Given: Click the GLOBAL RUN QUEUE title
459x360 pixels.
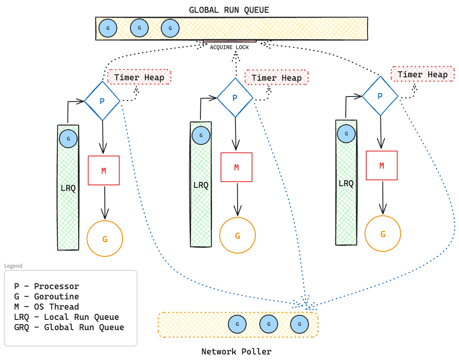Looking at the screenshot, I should [x=229, y=10].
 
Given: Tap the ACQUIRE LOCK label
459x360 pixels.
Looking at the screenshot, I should [x=229, y=47].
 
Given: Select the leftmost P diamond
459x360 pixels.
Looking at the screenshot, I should [x=102, y=101].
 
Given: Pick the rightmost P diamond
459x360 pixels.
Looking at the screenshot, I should [x=380, y=96].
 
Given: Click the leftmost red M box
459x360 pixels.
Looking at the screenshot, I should [x=103, y=170].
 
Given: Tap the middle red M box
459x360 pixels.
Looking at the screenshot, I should [x=236, y=167].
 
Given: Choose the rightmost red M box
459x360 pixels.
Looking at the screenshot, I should [x=382, y=165].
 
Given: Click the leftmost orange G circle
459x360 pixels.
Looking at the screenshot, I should [x=105, y=239].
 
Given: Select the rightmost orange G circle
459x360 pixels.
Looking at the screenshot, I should [x=382, y=234].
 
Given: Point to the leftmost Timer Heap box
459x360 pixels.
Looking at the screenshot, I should [x=139, y=77].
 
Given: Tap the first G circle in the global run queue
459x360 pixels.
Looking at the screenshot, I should [x=108, y=29].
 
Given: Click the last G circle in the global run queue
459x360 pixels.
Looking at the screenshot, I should [x=170, y=29].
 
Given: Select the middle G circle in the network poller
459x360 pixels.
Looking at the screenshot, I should [x=269, y=325].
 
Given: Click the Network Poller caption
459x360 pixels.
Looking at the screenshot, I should [x=236, y=351].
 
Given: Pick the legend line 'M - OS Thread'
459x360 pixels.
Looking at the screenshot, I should [x=47, y=307].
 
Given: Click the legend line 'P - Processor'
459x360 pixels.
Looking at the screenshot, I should [x=47, y=286].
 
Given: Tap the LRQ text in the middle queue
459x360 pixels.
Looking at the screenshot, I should [x=201, y=185].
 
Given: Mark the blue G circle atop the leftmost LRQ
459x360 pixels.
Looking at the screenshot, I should [x=68, y=139].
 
